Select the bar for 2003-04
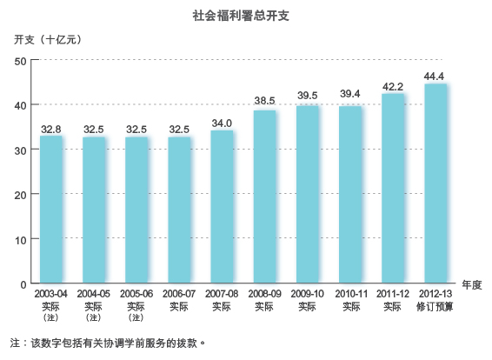click(51, 209)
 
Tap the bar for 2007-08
click(222, 206)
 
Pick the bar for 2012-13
click(435, 183)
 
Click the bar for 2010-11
click(350, 194)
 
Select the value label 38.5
click(265, 102)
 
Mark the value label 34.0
click(222, 122)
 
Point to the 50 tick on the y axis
click(23, 60)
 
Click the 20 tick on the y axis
click(23, 194)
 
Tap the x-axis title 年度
click(471, 284)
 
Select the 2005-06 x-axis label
click(136, 296)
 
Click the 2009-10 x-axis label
click(308, 296)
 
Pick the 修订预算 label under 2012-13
click(435, 307)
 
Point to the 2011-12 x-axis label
click(393, 296)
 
